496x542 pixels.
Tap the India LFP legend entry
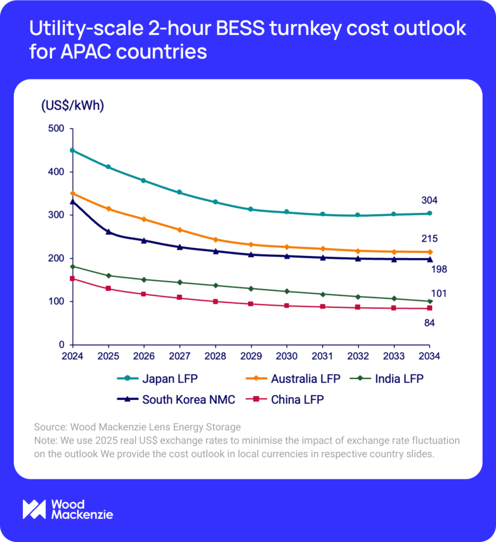(x=386, y=379)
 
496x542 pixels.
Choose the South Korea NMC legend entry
(x=176, y=400)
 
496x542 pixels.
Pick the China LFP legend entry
(x=285, y=400)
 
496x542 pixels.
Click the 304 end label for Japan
(x=429, y=200)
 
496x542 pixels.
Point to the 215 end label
(x=429, y=239)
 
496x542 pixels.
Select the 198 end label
(x=439, y=269)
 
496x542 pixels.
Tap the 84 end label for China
(x=429, y=323)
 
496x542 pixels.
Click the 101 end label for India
(x=439, y=294)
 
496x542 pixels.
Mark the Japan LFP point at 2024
(x=73, y=150)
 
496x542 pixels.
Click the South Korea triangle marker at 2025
(x=108, y=232)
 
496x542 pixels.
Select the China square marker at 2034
(x=429, y=308)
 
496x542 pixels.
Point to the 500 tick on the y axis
(x=56, y=129)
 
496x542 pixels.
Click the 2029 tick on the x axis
(x=251, y=356)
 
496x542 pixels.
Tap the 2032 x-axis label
(x=358, y=356)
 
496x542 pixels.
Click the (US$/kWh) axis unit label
(x=73, y=106)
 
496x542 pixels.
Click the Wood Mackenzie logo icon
(x=34, y=509)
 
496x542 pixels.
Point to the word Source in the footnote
(x=49, y=427)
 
